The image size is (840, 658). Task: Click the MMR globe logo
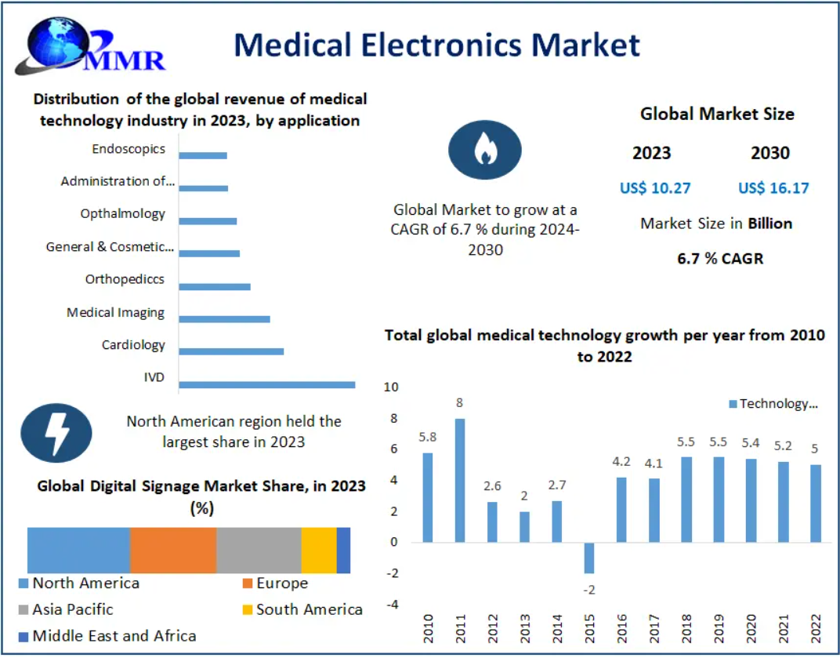point(90,46)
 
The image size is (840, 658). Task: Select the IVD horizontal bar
point(266,384)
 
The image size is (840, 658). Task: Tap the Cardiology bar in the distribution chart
point(231,352)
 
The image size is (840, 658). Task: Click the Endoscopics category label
point(129,149)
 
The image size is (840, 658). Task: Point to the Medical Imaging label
point(115,313)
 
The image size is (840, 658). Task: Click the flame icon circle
point(485,150)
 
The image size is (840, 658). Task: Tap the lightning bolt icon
point(56,433)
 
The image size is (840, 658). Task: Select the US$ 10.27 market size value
point(655,188)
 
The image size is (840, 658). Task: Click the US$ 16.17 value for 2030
point(773,188)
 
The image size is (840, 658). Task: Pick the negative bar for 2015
point(589,558)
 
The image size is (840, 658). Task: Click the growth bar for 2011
point(460,480)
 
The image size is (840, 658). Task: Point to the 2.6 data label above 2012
point(492,486)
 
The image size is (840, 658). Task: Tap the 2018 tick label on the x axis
point(686,628)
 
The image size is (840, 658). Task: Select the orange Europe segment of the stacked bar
point(174,551)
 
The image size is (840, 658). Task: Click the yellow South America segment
point(319,551)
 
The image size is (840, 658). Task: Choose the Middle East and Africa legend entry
point(107,636)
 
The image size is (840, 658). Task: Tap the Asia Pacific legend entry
point(66,609)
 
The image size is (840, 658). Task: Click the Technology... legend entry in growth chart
point(773,404)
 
